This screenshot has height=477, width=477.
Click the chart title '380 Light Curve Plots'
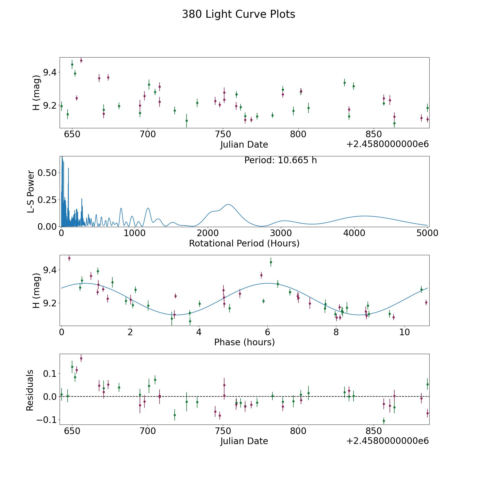pos(238,14)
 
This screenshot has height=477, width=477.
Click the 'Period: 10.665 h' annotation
pos(281,160)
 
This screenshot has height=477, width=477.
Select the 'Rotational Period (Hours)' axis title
pos(244,243)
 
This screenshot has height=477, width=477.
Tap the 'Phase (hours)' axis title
pos(244,342)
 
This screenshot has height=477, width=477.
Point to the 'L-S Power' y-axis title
pos(31,192)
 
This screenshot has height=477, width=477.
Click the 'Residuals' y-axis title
pos(30,390)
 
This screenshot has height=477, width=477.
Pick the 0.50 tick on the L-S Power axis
pos(47,173)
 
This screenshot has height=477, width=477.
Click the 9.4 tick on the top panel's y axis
pos(50,72)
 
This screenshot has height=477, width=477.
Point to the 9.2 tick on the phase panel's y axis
pos(50,303)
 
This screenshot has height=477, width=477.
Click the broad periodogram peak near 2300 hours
pos(228,204)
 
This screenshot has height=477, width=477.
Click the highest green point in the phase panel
pos(271,262)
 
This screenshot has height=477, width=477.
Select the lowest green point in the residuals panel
pos(384,421)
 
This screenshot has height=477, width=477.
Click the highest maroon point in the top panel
pos(81,60)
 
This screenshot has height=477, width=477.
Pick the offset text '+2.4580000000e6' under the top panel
pos(388,144)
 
